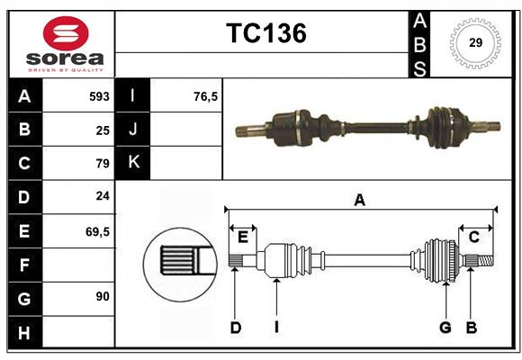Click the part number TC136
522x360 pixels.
tap(265, 33)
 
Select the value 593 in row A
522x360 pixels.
tap(98, 96)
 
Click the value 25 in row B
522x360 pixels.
tap(102, 130)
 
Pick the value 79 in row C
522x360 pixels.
tap(102, 164)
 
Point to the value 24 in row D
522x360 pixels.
tap(102, 197)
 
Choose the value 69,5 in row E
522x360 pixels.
tap(97, 231)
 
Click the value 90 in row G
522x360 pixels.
tap(102, 295)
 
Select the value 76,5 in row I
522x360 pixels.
tap(206, 96)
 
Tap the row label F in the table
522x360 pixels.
tap(24, 265)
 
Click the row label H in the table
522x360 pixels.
tap(24, 332)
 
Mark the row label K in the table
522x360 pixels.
tap(133, 164)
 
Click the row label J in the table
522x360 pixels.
tap(133, 130)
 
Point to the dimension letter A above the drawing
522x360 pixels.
tap(360, 201)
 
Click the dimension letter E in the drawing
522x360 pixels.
tap(243, 238)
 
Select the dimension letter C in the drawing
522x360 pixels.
tap(473, 238)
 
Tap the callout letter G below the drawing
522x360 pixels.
tap(445, 328)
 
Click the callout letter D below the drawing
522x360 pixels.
tap(235, 328)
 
